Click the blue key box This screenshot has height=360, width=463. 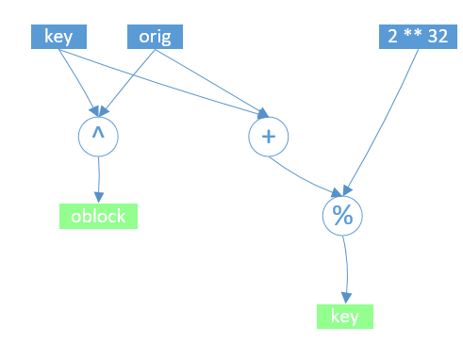tap(59, 37)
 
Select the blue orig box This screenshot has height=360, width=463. tap(154, 37)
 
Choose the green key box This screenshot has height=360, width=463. tap(344, 317)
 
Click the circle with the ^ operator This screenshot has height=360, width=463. tap(97, 137)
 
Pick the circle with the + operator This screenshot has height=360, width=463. tap(268, 137)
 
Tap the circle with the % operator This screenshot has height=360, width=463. tap(341, 215)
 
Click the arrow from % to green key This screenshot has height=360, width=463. tap(346, 269)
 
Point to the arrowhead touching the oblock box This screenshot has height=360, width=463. tap(97, 197)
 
